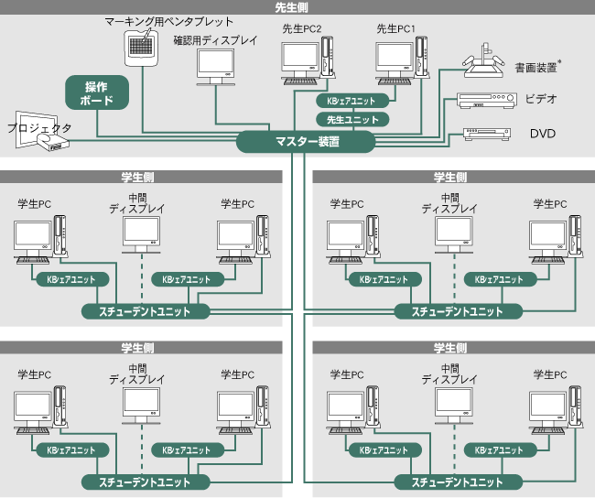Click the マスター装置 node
[307, 141]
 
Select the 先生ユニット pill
[352, 119]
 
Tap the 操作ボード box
[96, 93]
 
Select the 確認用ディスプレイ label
[215, 40]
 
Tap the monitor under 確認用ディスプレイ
[216, 66]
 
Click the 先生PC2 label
[301, 29]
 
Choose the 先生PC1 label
[395, 29]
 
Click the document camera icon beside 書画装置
[485, 62]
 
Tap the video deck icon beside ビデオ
[481, 101]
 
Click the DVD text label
[543, 134]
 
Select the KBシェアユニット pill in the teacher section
[352, 101]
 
